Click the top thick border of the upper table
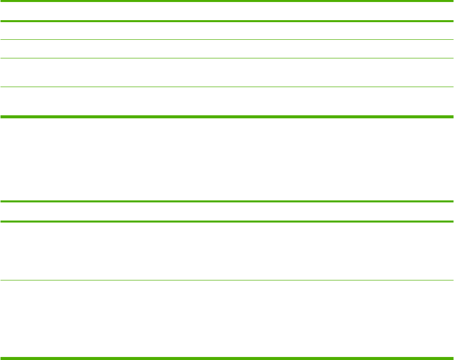(x=227, y=1)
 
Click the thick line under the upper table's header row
(x=227, y=21)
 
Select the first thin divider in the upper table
(x=227, y=40)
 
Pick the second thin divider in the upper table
(x=227, y=58)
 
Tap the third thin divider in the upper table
(x=227, y=87)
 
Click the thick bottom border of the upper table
(x=227, y=117)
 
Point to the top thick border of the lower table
(x=227, y=201)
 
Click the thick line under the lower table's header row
(x=227, y=222)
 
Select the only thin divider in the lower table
(x=227, y=280)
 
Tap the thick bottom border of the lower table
(x=227, y=358)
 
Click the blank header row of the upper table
(x=227, y=11)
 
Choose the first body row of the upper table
(x=227, y=31)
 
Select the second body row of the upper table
(x=227, y=49)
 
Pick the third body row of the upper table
(x=227, y=73)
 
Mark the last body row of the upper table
(x=227, y=102)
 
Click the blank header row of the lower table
(x=227, y=211)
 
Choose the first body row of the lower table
(x=227, y=251)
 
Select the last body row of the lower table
(x=227, y=319)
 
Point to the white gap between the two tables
(x=227, y=159)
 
